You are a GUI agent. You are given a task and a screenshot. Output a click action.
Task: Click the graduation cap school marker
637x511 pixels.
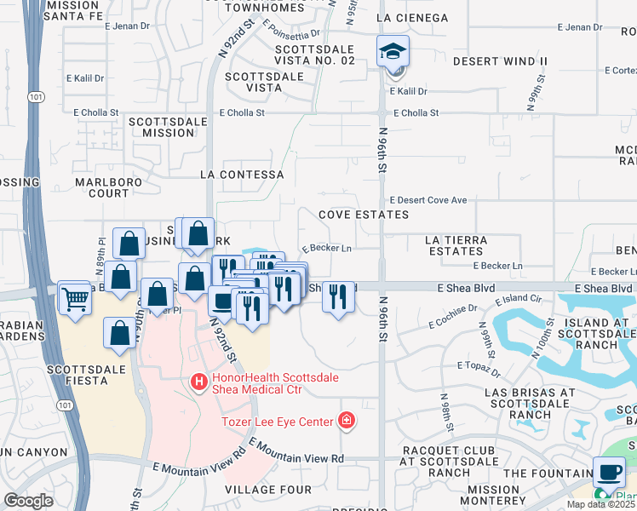(393, 52)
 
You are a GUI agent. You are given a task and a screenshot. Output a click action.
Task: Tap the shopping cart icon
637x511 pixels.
(76, 299)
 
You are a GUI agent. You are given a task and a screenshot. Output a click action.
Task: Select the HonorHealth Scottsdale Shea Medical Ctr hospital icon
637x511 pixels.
(199, 383)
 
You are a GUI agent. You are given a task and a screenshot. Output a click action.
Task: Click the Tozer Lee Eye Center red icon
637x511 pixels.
(346, 420)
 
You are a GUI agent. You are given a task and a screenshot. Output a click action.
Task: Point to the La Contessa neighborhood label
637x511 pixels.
(241, 175)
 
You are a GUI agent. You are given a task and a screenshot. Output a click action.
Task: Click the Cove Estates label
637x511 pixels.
(364, 215)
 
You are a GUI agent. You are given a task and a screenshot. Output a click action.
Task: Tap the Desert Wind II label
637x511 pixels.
(500, 62)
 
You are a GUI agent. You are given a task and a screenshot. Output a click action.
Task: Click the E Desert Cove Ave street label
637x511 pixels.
(428, 200)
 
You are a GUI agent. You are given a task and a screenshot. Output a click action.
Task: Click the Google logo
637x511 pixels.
(28, 501)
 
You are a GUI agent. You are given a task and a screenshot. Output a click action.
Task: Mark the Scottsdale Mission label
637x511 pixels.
(169, 127)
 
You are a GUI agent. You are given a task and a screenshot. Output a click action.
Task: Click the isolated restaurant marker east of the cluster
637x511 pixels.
(338, 299)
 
